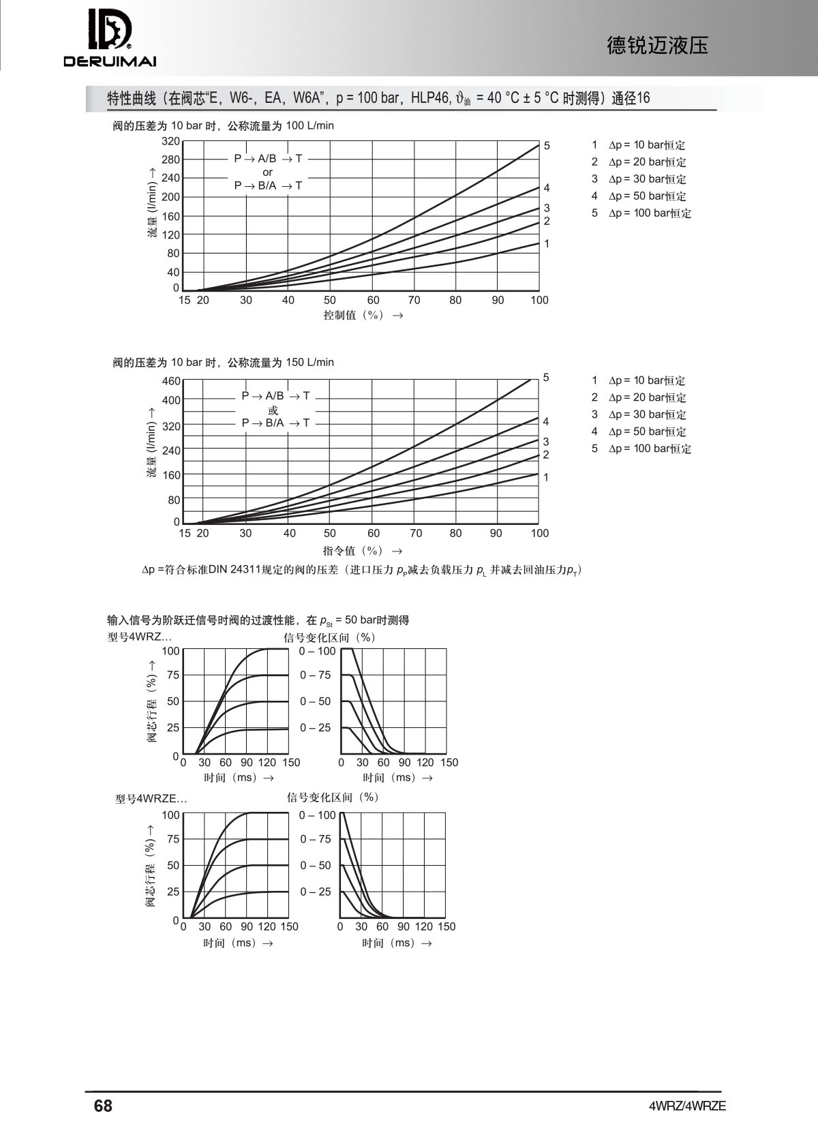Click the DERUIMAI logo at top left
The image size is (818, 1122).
(110, 38)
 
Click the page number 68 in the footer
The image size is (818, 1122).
(103, 1105)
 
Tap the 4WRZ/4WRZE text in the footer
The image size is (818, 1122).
(687, 1106)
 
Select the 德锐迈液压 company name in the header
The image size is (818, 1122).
(657, 46)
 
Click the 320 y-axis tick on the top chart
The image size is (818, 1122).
(170, 142)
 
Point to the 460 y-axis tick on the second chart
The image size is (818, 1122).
(170, 381)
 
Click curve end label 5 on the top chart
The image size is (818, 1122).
(547, 146)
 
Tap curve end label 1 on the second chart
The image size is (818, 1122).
(546, 477)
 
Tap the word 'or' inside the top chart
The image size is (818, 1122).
(267, 172)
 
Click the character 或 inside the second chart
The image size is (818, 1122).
(273, 410)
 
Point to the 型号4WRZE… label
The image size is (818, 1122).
(151, 799)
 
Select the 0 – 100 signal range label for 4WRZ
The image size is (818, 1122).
(317, 651)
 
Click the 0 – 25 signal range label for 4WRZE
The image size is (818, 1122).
(316, 892)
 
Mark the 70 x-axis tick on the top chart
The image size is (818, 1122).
(414, 300)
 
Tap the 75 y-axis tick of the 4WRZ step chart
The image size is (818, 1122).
(173, 676)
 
